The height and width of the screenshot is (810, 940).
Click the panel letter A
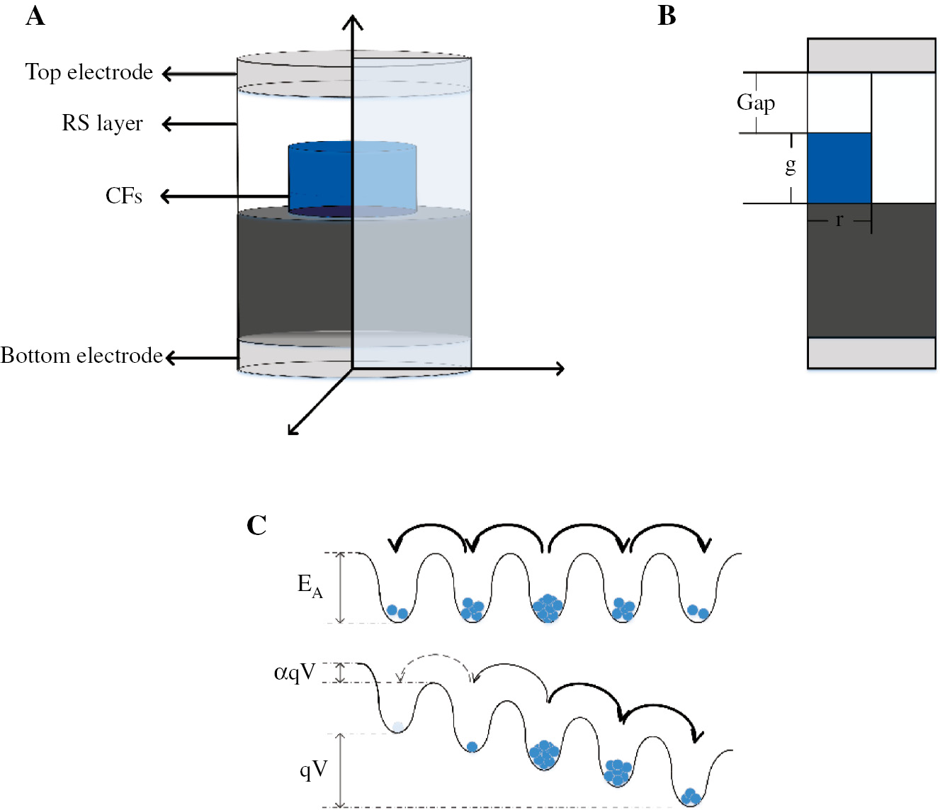(35, 16)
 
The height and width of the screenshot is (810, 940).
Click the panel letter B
(667, 16)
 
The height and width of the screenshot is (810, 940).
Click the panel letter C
(256, 525)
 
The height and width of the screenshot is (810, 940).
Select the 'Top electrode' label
(89, 72)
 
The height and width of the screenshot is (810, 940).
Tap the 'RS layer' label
(102, 123)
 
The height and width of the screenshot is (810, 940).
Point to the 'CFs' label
(124, 196)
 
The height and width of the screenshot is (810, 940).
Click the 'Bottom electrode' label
(81, 355)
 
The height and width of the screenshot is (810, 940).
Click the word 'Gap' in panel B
(756, 103)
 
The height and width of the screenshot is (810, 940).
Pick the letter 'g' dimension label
(791, 166)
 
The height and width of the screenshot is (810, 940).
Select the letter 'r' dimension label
(839, 220)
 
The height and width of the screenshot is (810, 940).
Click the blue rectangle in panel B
(839, 168)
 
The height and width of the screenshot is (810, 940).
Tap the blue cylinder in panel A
(352, 177)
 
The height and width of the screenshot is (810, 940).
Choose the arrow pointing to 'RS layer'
(198, 125)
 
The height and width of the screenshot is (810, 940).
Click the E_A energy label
(310, 586)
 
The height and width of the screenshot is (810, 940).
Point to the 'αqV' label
(295, 672)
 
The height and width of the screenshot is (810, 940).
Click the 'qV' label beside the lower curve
(314, 769)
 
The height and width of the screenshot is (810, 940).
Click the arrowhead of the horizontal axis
(559, 369)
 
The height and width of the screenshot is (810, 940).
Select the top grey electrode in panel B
(871, 55)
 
